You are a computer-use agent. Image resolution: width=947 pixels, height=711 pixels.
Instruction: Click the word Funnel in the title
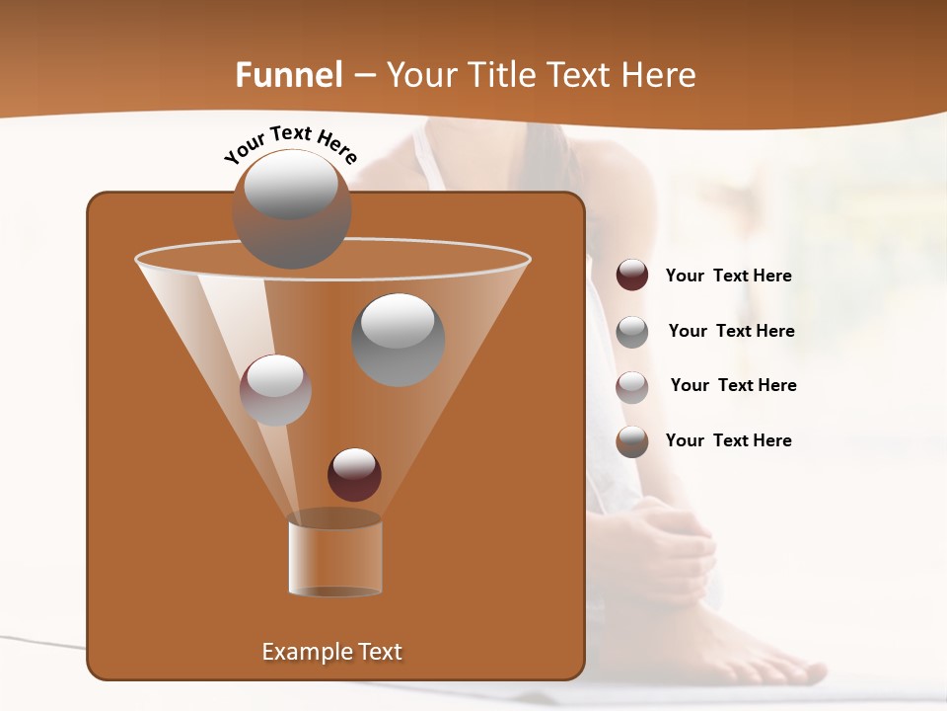pos(288,75)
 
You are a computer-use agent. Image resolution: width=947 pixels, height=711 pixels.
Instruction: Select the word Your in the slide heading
pos(420,75)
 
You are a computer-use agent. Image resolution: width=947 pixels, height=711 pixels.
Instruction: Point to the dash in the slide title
pos(364,76)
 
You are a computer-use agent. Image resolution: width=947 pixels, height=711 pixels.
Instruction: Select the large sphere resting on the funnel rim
pos(291,208)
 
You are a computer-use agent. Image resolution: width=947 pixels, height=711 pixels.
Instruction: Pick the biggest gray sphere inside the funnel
pos(399,339)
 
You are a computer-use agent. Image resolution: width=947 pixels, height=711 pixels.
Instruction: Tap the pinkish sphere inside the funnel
pos(275,389)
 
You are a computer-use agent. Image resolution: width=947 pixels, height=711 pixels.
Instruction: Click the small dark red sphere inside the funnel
pos(354,474)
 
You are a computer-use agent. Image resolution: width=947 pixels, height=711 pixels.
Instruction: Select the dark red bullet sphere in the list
pos(632,275)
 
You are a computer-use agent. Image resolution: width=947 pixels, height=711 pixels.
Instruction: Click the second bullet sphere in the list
pos(632,331)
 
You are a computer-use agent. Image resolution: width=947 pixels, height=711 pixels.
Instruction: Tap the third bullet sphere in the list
pos(632,386)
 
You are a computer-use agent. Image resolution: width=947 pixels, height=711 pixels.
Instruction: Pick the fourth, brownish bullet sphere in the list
pos(632,441)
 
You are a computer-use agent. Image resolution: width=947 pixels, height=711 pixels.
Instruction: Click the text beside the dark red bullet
pos(728,276)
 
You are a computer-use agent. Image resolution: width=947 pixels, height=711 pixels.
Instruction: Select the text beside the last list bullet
pos(728,440)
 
